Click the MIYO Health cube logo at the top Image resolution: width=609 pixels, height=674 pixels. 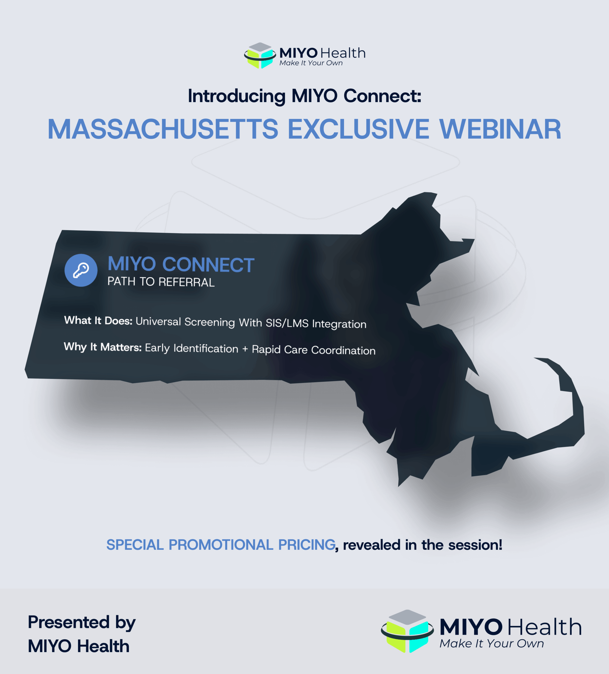coord(260,56)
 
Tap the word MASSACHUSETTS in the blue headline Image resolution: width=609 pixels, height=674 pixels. coord(163,129)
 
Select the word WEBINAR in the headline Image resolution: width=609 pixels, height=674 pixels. coord(500,129)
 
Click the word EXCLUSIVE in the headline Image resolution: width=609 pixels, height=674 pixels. coord(358,129)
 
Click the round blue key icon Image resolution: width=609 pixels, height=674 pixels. coord(81,270)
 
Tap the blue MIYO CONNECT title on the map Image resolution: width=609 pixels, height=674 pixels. coord(181,264)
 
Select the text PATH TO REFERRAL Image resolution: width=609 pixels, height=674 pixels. coord(161,282)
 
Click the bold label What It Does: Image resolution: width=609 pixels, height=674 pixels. coord(98,321)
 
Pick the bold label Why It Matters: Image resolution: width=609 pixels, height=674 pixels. coord(103,347)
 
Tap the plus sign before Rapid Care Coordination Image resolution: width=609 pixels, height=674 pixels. coord(245,349)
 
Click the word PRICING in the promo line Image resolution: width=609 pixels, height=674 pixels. coord(307,545)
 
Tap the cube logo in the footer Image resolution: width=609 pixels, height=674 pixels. coord(407,631)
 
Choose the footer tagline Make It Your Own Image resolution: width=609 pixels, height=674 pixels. coord(491,643)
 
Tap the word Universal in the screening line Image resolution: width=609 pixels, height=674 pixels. coord(158,321)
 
